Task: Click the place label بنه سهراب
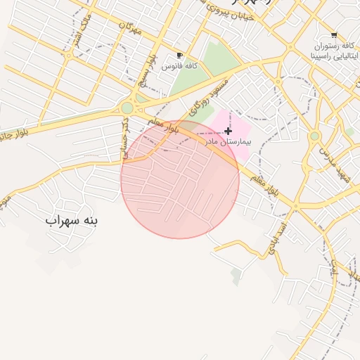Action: tap(72, 220)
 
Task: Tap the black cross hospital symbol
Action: tap(228, 131)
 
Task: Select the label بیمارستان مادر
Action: tap(227, 141)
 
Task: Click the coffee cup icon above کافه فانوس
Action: tap(180, 55)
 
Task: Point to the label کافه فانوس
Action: tap(179, 65)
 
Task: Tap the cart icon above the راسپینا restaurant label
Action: tap(333, 35)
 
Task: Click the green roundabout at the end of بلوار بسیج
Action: tap(127, 108)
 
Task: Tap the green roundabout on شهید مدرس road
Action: tap(314, 136)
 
